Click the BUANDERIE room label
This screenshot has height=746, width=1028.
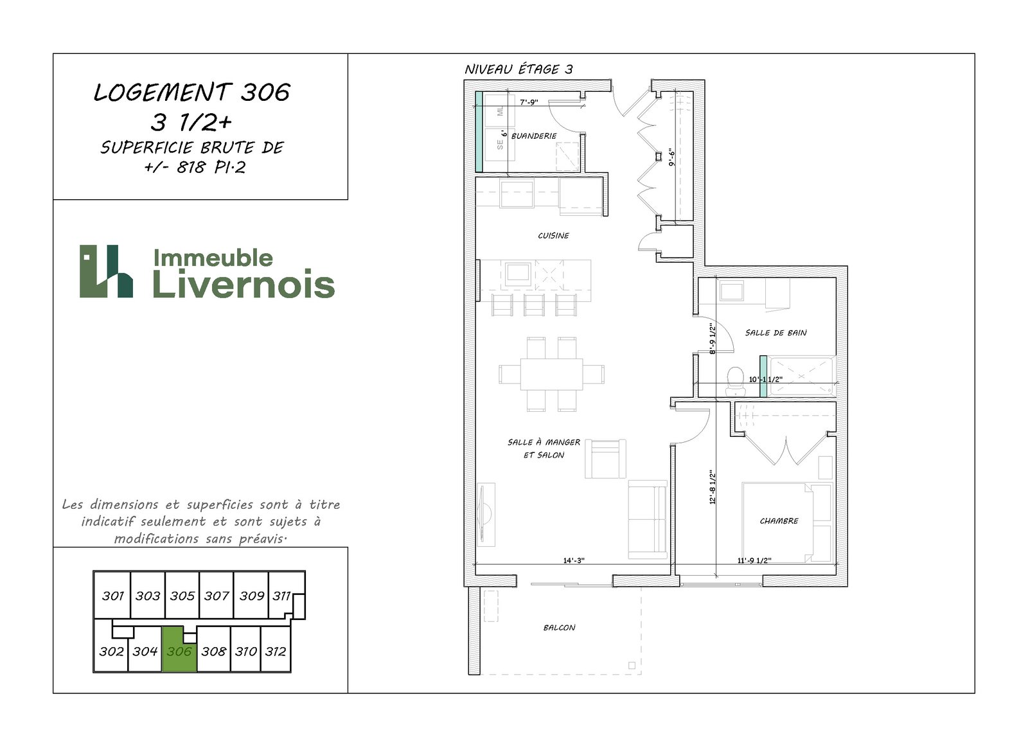click(534, 136)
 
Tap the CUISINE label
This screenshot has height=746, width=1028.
click(553, 236)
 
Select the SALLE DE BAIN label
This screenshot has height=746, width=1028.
click(775, 333)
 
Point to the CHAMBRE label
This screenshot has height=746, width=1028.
click(779, 521)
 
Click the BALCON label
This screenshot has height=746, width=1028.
click(559, 628)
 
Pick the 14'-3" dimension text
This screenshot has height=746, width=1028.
click(574, 560)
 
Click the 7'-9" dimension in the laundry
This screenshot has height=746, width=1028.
click(529, 102)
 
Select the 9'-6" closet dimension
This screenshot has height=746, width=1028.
click(672, 157)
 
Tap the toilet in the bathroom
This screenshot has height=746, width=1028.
click(736, 381)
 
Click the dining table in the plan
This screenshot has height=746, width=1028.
click(552, 374)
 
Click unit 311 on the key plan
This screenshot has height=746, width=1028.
click(281, 596)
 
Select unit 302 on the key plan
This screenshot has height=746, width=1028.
click(112, 652)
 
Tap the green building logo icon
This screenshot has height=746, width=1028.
click(107, 271)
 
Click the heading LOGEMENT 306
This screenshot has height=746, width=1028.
click(192, 93)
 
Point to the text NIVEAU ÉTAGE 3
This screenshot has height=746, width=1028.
click(518, 69)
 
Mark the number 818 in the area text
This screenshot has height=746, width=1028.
click(190, 168)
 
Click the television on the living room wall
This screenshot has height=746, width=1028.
click(486, 514)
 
